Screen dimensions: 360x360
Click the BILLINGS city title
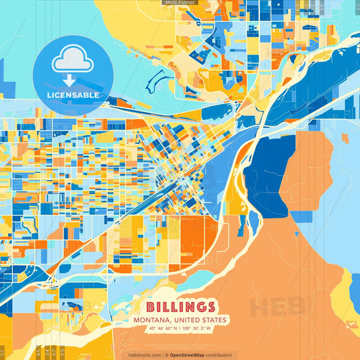(x=180, y=307)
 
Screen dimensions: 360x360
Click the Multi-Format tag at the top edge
(x=179, y=3)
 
